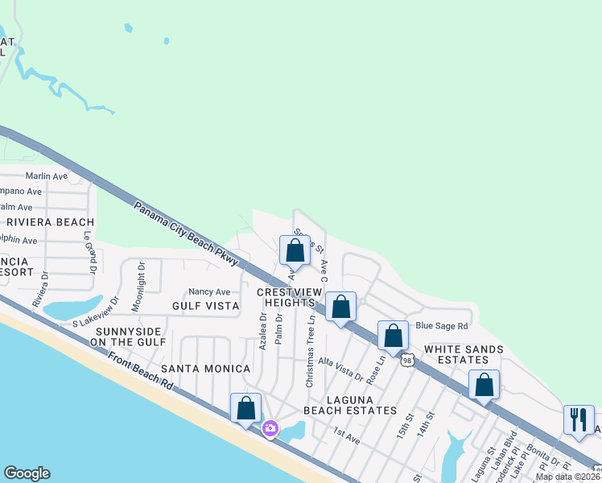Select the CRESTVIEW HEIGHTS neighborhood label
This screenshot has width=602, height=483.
click(286, 296)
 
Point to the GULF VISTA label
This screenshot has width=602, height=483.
click(205, 306)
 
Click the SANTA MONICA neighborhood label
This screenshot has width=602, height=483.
click(205, 368)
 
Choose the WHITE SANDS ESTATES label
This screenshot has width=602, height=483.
click(464, 356)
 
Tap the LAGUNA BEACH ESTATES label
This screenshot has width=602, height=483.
click(350, 404)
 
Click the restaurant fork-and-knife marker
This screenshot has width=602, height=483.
click(579, 420)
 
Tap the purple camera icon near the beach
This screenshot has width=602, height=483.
click(270, 428)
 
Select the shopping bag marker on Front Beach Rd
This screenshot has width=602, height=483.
click(246, 408)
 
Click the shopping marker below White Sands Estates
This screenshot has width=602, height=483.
click(484, 386)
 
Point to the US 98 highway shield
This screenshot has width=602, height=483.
click(407, 361)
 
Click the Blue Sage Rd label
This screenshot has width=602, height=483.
click(442, 326)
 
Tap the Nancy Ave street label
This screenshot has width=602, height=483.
click(209, 291)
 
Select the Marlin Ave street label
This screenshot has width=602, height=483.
click(47, 176)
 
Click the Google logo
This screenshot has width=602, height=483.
click(27, 473)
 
